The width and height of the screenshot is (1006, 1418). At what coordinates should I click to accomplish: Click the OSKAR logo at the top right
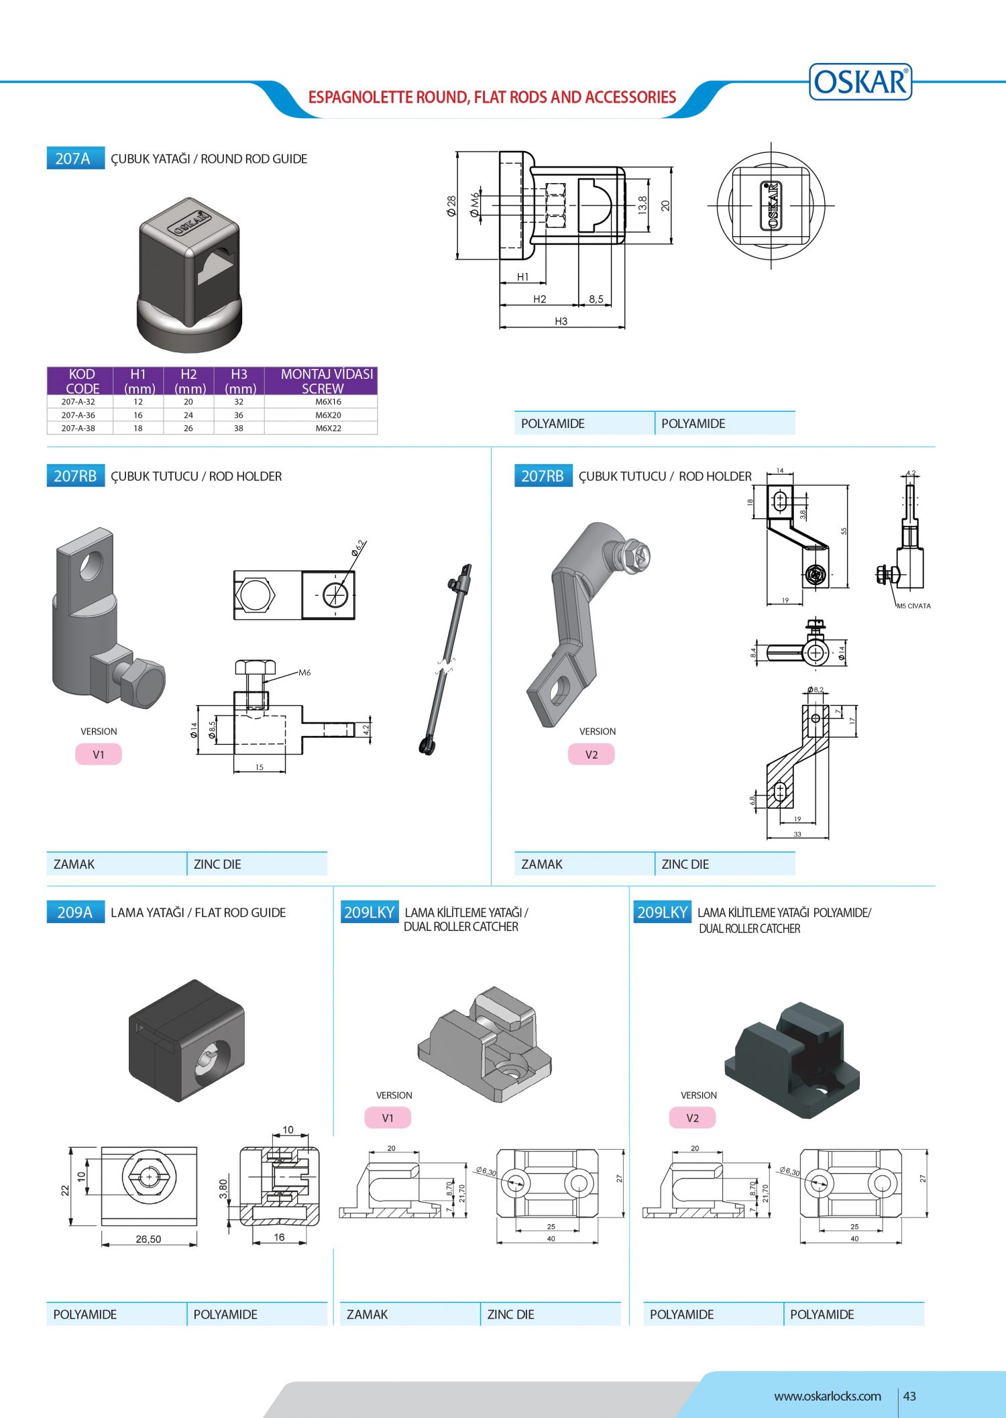click(860, 82)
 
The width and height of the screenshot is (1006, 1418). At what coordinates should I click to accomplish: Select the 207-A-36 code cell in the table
click(78, 415)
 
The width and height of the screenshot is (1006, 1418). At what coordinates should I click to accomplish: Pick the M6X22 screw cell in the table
click(328, 428)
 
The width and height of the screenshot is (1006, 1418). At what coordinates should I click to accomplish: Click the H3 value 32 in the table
click(239, 402)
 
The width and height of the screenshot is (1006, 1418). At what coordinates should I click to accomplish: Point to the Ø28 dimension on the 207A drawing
click(451, 205)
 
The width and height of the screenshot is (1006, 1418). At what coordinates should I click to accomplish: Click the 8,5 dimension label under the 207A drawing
click(596, 299)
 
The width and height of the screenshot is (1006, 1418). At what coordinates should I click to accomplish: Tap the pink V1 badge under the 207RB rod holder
click(99, 754)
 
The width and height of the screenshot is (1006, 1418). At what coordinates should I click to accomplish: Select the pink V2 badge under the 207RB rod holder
click(591, 754)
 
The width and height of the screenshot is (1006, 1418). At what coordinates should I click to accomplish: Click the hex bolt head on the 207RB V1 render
click(143, 682)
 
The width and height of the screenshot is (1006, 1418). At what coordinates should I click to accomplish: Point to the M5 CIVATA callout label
click(913, 606)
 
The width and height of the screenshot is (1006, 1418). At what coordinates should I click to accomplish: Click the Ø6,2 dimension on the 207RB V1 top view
click(359, 548)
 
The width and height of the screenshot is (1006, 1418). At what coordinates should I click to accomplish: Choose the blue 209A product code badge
click(75, 912)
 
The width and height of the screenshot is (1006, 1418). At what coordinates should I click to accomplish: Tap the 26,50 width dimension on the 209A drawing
click(148, 1239)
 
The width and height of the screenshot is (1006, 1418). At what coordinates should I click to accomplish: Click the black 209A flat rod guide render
click(186, 1040)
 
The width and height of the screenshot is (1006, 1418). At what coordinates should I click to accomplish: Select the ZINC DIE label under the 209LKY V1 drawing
click(511, 1314)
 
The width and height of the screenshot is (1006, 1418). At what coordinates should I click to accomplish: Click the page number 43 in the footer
click(909, 1396)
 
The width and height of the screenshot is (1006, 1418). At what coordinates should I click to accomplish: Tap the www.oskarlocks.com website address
click(827, 1396)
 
